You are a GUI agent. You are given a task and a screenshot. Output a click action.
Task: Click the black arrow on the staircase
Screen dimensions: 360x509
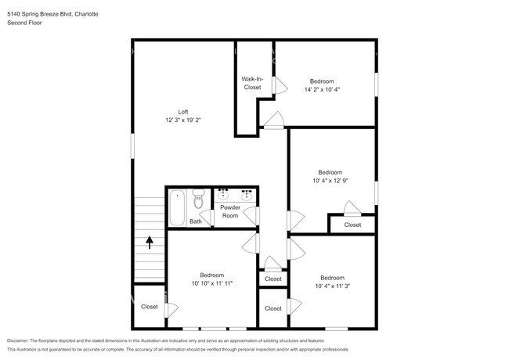150,243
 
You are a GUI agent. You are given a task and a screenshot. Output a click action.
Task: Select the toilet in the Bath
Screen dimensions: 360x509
197,201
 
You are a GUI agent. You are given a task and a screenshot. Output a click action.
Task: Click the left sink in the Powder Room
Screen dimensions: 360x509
223,194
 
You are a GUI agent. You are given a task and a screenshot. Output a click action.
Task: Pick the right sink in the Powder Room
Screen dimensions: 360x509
247,194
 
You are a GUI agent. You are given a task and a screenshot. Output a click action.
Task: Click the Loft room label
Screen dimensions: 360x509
182,111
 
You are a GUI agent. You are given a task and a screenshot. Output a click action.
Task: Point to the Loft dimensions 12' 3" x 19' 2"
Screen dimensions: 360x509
183,121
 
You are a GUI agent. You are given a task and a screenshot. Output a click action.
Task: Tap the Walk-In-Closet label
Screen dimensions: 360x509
251,83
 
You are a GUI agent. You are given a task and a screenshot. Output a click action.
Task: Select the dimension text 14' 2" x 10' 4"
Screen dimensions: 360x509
321,89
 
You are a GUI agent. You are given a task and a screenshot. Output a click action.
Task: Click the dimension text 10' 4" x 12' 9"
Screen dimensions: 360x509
330,180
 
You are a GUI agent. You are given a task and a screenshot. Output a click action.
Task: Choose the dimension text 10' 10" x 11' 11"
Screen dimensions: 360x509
211,283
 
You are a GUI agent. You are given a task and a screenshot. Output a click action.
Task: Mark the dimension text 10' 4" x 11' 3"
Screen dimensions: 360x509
332,286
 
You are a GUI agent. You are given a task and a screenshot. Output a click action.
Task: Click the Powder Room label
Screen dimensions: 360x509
230,211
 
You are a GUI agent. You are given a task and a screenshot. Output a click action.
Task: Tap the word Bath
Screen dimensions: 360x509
195,221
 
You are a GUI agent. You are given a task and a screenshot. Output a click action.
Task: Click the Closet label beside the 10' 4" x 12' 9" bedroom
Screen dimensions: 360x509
352,225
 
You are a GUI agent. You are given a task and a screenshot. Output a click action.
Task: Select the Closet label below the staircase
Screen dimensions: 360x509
150,307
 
